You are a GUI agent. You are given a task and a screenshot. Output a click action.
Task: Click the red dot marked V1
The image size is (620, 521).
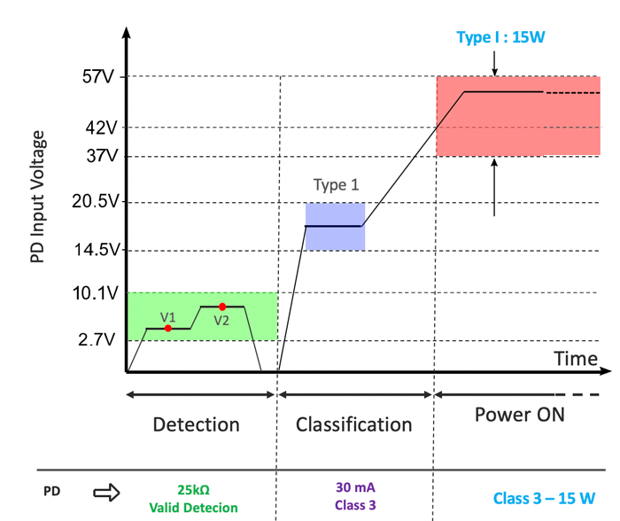(x=168, y=329)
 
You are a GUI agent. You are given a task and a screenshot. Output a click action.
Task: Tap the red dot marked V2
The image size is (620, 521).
(x=222, y=307)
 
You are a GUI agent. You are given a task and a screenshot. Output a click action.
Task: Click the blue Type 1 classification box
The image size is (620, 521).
(x=335, y=227)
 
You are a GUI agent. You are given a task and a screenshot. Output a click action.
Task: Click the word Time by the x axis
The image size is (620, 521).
(x=576, y=358)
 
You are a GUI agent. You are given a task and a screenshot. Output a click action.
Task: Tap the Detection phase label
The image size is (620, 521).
(x=196, y=424)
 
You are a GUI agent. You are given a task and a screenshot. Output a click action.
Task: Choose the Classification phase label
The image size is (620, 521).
(x=353, y=424)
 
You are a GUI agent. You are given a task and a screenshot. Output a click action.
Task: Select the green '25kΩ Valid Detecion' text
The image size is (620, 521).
(x=193, y=498)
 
